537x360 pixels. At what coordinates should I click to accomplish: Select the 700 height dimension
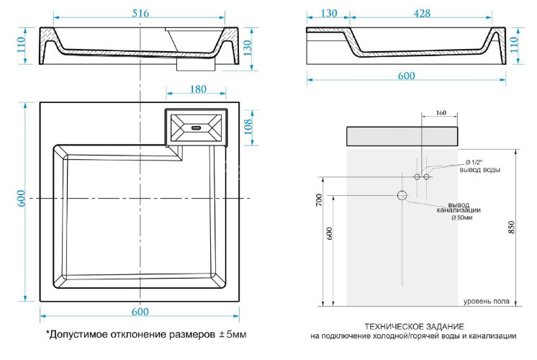pyautogui.click(x=319, y=201)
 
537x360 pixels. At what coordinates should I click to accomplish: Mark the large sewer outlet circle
pyautogui.click(x=402, y=195)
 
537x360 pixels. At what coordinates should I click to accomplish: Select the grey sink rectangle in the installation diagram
pyautogui.click(x=402, y=136)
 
